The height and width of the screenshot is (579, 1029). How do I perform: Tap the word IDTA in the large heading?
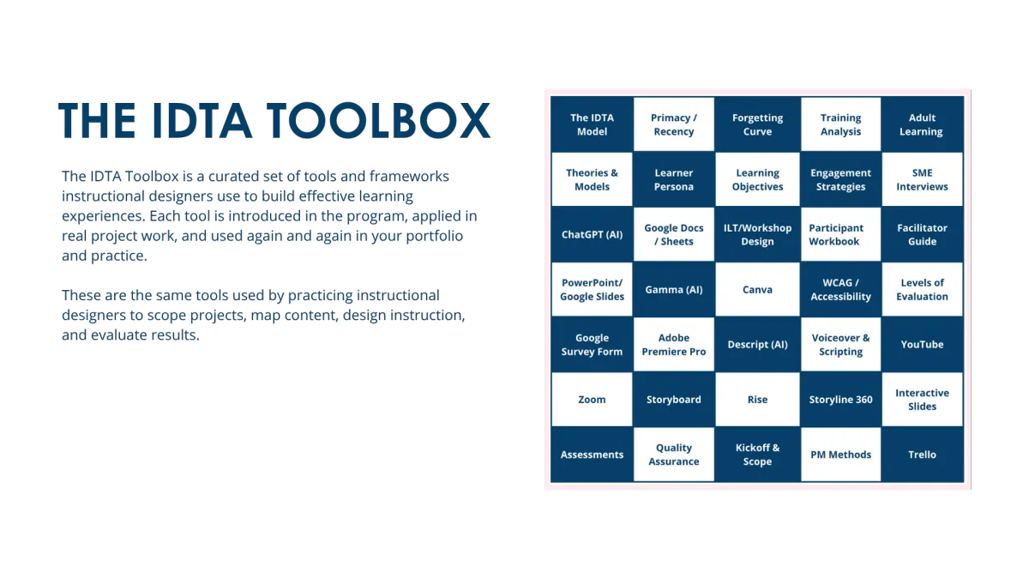(202, 120)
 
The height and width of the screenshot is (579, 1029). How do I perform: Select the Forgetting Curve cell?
(757, 124)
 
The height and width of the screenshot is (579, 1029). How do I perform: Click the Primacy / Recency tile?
(673, 124)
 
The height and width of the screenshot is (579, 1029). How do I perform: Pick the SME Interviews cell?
(922, 179)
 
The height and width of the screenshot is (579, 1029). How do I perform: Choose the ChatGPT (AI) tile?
(592, 234)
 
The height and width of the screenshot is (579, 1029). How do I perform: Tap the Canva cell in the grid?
(757, 290)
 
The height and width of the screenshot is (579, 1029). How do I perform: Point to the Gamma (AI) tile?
(673, 290)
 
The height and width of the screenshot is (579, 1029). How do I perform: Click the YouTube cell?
(922, 344)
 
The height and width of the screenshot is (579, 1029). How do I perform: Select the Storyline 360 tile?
(840, 400)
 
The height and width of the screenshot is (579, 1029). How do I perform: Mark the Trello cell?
(922, 455)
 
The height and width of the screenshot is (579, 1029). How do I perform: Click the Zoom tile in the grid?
(592, 400)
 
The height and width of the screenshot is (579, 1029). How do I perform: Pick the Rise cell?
(757, 400)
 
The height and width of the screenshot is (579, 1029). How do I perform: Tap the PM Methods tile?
(840, 455)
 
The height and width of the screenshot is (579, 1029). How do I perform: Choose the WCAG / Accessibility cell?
(840, 290)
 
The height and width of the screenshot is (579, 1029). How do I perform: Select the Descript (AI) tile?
(757, 344)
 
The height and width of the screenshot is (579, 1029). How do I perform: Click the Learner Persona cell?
(673, 179)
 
